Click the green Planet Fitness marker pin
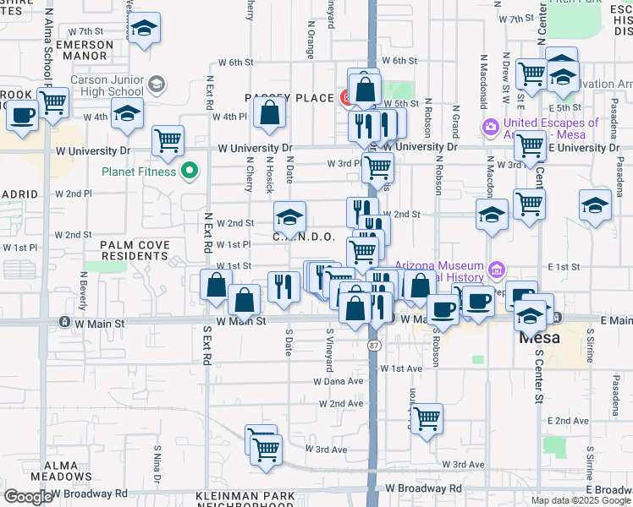190,172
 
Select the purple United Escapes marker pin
489,128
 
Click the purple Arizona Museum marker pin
496,271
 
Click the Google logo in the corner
29,497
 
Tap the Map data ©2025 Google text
581,500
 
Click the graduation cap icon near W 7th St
145,30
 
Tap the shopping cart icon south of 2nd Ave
427,417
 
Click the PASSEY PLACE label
289,98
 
